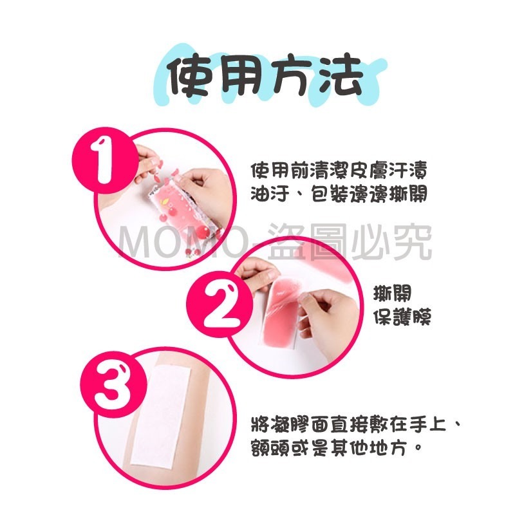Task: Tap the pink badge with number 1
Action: (x=105, y=160)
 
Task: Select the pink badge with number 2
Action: (x=220, y=304)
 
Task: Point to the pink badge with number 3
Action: (x=114, y=384)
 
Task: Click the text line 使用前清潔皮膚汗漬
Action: (x=339, y=170)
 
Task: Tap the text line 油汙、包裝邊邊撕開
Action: (x=339, y=194)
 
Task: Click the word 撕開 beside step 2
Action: (x=392, y=293)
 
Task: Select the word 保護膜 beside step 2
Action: (x=402, y=316)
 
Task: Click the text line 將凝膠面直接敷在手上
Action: (x=349, y=424)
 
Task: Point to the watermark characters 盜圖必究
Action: (x=349, y=243)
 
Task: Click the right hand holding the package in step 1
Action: (x=207, y=192)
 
